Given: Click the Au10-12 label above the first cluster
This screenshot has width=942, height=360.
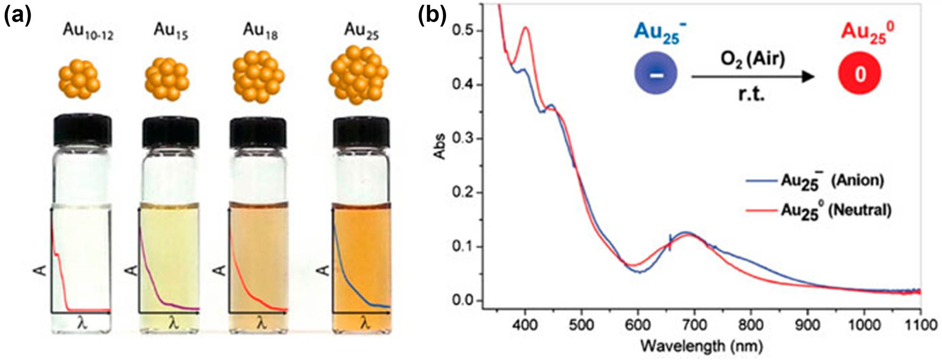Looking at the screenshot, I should (88, 33).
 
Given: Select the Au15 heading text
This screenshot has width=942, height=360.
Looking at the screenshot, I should (171, 32).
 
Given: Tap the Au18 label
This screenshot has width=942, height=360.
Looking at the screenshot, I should (260, 32).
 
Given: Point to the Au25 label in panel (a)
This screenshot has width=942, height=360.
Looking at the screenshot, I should (361, 32).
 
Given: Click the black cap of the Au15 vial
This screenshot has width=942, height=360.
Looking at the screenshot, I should (171, 132).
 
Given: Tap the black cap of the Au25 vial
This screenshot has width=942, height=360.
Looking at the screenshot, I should (361, 132).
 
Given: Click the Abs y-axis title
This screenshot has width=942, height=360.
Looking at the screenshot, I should (440, 147).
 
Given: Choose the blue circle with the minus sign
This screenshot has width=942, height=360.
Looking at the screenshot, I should (656, 74).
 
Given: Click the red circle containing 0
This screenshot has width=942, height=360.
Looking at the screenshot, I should (860, 74).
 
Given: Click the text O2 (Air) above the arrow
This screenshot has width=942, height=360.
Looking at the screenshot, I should (753, 59).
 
